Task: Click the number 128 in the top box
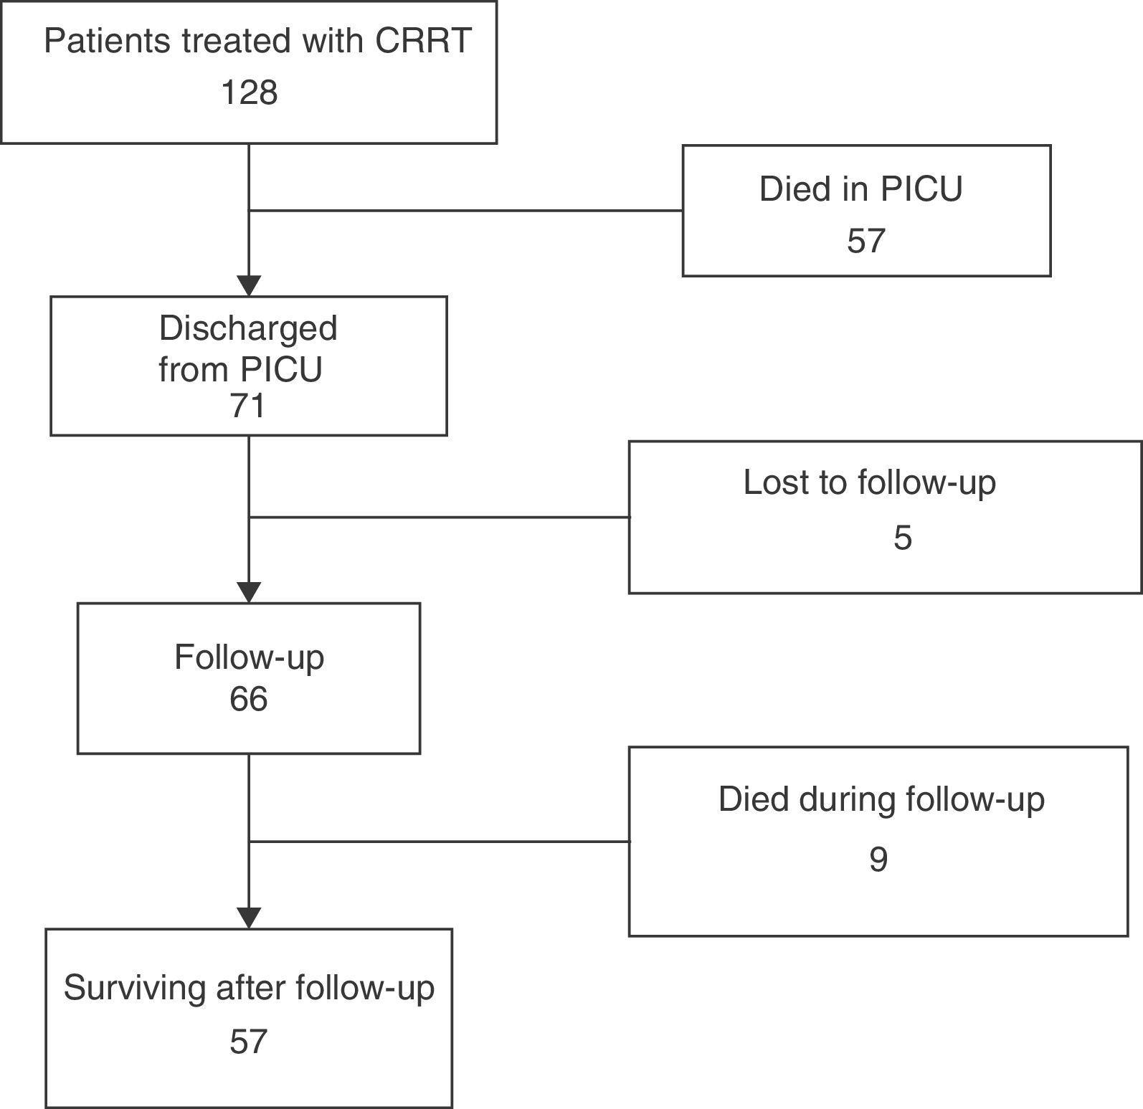point(249,93)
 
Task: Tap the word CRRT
point(423,41)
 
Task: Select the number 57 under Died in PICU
point(865,241)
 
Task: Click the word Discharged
point(248,328)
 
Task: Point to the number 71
point(248,406)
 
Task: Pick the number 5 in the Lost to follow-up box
point(902,538)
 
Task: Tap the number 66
point(248,699)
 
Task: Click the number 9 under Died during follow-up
point(878,859)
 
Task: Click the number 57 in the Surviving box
point(248,1042)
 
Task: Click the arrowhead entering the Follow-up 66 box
point(249,593)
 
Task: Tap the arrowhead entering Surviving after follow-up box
point(249,918)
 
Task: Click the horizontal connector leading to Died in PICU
point(466,211)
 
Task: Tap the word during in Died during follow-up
point(845,799)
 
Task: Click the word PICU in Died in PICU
point(921,189)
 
